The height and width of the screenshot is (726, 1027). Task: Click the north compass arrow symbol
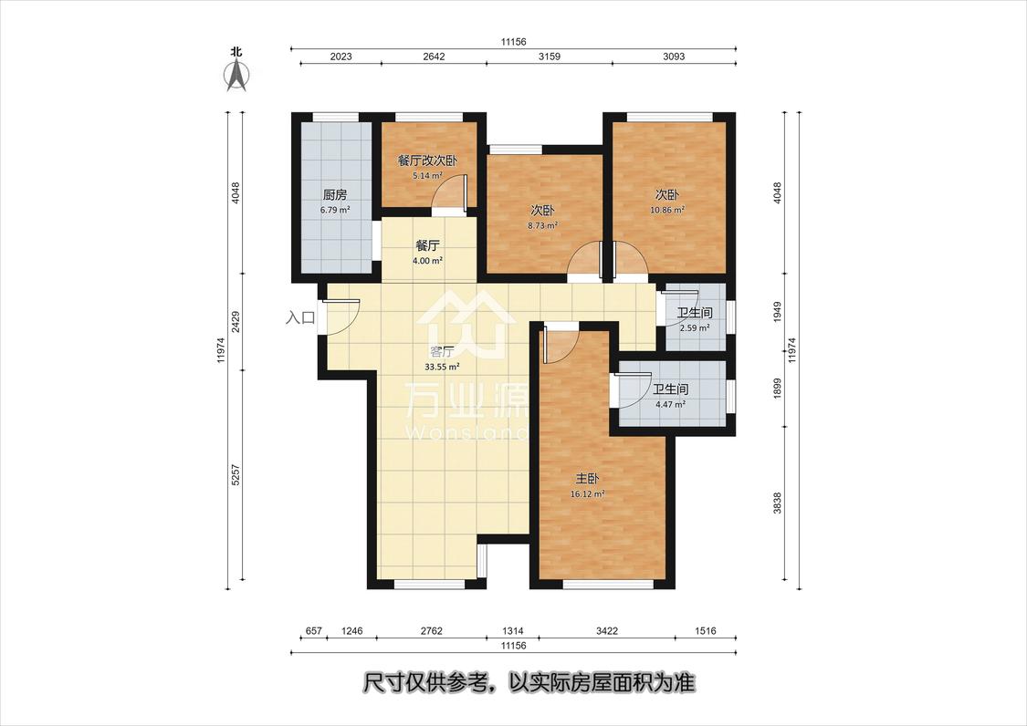pyautogui.click(x=236, y=74)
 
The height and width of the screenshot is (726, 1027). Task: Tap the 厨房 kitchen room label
pyautogui.click(x=335, y=195)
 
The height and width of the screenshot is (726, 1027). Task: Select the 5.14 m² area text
pyautogui.click(x=427, y=175)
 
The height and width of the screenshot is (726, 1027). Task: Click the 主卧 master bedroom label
pyautogui.click(x=587, y=480)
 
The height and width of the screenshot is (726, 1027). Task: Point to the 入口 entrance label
pyautogui.click(x=300, y=318)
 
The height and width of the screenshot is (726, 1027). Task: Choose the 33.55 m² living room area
pyautogui.click(x=442, y=368)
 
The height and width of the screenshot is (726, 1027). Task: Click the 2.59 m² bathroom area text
pyautogui.click(x=695, y=328)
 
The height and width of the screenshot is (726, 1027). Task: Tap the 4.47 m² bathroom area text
pyautogui.click(x=670, y=405)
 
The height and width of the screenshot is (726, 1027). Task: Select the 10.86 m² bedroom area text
pyautogui.click(x=667, y=210)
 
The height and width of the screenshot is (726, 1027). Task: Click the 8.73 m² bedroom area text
pyautogui.click(x=542, y=226)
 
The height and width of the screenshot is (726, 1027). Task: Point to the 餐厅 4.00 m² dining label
pyautogui.click(x=427, y=253)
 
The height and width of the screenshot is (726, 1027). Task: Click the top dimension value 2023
pyautogui.click(x=341, y=57)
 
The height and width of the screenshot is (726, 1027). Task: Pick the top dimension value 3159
pyautogui.click(x=549, y=57)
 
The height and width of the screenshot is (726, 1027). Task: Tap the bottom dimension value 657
pyautogui.click(x=314, y=631)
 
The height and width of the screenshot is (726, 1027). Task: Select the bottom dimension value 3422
pyautogui.click(x=607, y=631)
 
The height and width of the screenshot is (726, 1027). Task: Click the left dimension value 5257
pyautogui.click(x=236, y=474)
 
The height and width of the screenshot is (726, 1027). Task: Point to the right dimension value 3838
pyautogui.click(x=778, y=503)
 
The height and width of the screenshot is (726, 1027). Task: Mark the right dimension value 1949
pyautogui.click(x=778, y=312)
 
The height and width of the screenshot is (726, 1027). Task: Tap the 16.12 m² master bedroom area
pyautogui.click(x=587, y=494)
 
